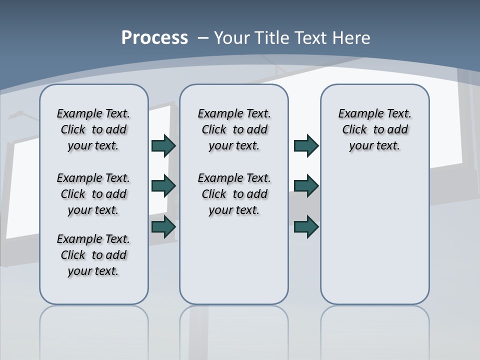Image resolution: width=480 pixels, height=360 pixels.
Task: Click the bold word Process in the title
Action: [154, 38]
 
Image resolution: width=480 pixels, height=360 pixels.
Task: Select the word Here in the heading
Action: [351, 38]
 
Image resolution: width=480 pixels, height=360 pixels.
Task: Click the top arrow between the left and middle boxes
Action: [163, 146]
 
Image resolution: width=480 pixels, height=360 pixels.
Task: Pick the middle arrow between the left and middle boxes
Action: [163, 186]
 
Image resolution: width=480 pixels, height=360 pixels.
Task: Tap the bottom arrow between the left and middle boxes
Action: [163, 227]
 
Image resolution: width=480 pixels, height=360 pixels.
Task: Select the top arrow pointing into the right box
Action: [306, 146]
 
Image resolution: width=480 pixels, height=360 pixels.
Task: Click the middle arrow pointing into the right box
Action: [306, 186]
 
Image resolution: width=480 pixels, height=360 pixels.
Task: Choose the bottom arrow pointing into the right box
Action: [306, 227]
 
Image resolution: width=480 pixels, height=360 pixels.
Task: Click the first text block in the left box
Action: [93, 129]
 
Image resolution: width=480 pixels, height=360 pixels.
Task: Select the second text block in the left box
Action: [93, 194]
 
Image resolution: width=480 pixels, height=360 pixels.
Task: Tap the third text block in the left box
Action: [93, 255]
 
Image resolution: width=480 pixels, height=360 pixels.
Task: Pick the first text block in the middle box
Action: [234, 129]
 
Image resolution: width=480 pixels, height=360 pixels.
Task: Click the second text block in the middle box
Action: [234, 194]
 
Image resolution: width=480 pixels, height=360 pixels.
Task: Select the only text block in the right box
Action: [374, 129]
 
